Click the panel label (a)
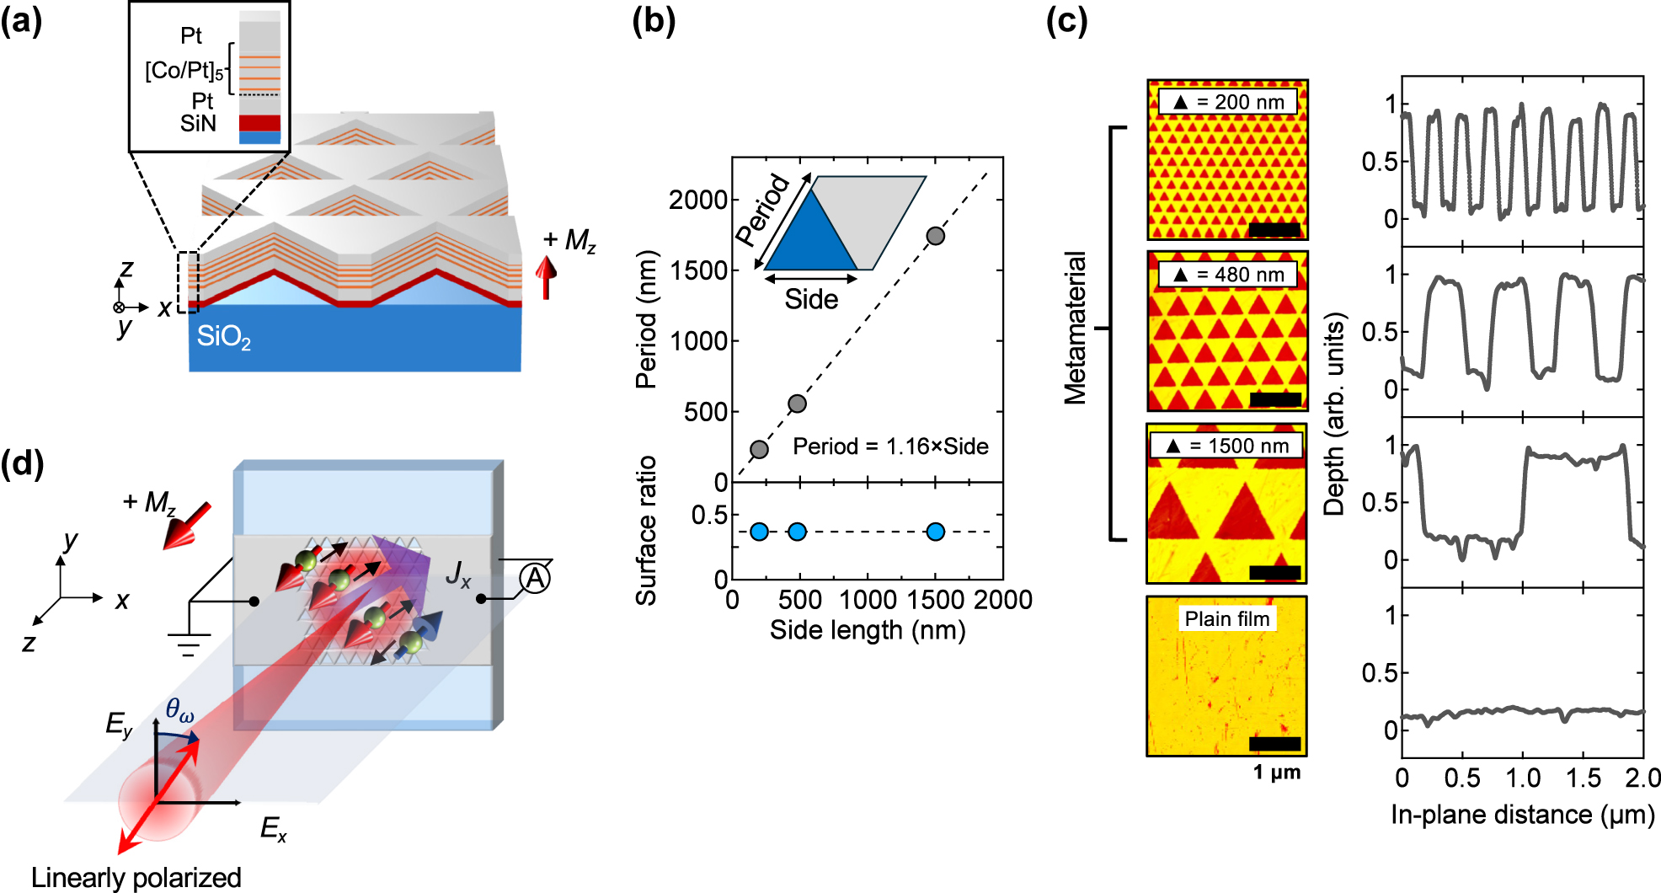(x=21, y=21)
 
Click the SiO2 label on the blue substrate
(x=223, y=337)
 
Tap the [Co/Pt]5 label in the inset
(x=184, y=71)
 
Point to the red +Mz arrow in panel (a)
(x=547, y=278)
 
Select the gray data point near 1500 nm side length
(x=935, y=236)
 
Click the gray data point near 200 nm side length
(x=759, y=449)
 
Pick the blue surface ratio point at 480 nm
(x=797, y=532)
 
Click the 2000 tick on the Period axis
(x=697, y=200)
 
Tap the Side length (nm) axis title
(x=868, y=630)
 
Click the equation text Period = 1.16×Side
(x=890, y=446)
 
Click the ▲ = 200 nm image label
(x=1228, y=102)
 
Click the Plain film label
(x=1226, y=619)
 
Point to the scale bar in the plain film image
(x=1274, y=743)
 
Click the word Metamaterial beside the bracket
(x=1075, y=329)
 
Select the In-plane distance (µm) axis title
(x=1522, y=815)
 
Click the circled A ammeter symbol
(x=535, y=579)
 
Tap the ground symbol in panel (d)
(x=189, y=644)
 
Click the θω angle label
(x=179, y=709)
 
